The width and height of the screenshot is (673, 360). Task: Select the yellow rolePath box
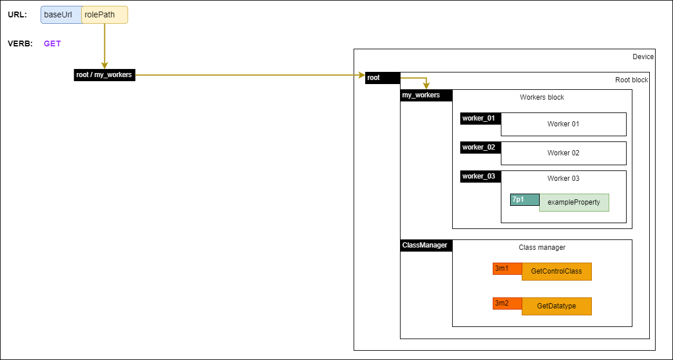tap(104, 15)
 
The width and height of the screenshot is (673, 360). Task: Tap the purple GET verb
tap(52, 43)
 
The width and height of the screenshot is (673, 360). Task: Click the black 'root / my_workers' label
tap(104, 75)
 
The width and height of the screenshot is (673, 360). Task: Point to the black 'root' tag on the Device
tap(382, 78)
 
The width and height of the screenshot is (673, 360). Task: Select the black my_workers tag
tap(425, 95)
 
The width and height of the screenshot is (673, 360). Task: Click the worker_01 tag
tap(480, 118)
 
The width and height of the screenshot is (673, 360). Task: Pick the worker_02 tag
tap(480, 147)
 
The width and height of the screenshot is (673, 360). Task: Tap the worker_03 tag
tap(480, 176)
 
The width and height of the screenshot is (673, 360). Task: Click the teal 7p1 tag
tap(524, 199)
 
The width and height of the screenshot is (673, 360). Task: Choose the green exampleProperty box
tap(574, 202)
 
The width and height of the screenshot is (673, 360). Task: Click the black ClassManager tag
tap(425, 245)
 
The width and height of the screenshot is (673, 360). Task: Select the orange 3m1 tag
tap(507, 268)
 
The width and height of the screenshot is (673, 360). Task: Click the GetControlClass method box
tap(556, 271)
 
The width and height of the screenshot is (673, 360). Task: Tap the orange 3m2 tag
tap(507, 303)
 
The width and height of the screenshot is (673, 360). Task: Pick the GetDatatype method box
tap(556, 306)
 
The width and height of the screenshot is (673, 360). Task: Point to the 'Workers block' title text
tap(542, 97)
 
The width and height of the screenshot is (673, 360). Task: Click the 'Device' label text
tap(643, 57)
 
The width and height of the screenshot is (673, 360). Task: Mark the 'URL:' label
tap(17, 15)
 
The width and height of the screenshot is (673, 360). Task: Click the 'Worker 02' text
tap(563, 153)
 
